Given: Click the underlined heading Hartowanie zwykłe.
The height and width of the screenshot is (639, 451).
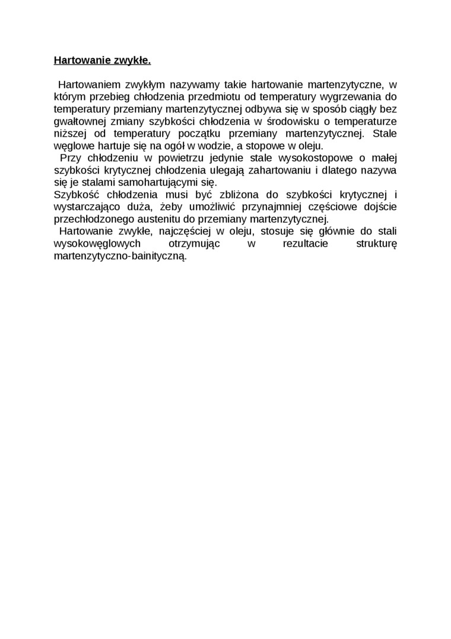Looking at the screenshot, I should point(102,60).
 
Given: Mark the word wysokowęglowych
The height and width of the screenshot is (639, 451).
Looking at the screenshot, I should point(97,244).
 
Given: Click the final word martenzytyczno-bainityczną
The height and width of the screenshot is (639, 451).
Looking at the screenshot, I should point(120,256).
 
